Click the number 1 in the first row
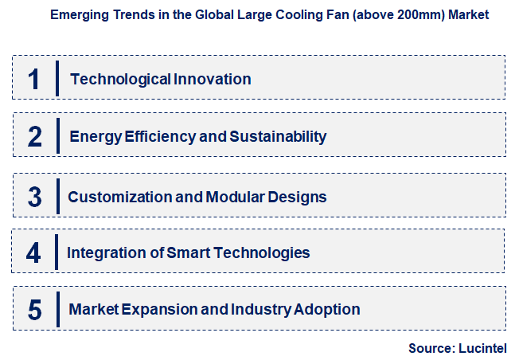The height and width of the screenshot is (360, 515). click(33, 78)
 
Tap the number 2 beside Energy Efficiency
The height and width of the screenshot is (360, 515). click(34, 136)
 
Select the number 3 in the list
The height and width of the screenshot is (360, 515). click(34, 196)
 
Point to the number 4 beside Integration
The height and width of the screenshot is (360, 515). click(33, 253)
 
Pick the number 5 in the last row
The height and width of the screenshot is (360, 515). click(33, 309)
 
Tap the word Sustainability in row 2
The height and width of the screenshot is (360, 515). click(278, 136)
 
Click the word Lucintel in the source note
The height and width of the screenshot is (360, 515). click(482, 348)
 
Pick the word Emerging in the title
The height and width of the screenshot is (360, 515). click(74, 14)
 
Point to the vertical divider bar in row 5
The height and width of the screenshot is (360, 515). click(57, 309)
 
